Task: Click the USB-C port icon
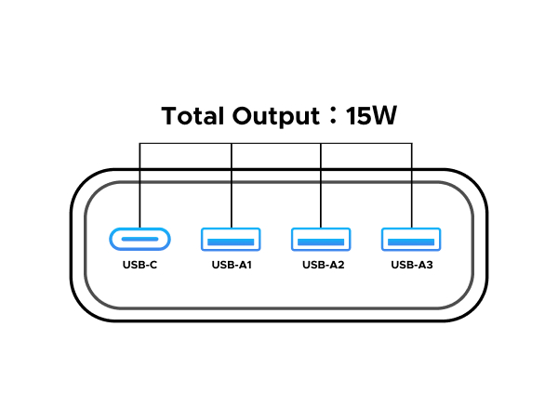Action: pos(140,240)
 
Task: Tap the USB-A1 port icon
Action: pos(231,240)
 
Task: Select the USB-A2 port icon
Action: pos(321,240)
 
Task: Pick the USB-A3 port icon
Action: pos(411,240)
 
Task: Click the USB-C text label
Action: pos(140,265)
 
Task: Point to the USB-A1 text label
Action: pos(232,265)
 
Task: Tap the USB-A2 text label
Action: pos(322,265)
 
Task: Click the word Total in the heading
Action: pos(191,116)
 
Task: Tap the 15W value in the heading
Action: pos(371,116)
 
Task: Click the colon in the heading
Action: pos(330,117)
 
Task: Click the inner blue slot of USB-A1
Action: pos(231,242)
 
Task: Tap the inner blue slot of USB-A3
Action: pos(411,242)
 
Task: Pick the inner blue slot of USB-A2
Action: pos(321,242)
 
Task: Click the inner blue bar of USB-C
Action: pos(140,240)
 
